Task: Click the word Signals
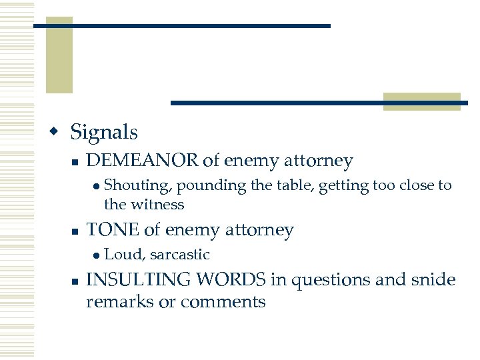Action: [x=104, y=132]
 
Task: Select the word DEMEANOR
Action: [x=143, y=161]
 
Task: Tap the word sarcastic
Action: [x=179, y=255]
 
